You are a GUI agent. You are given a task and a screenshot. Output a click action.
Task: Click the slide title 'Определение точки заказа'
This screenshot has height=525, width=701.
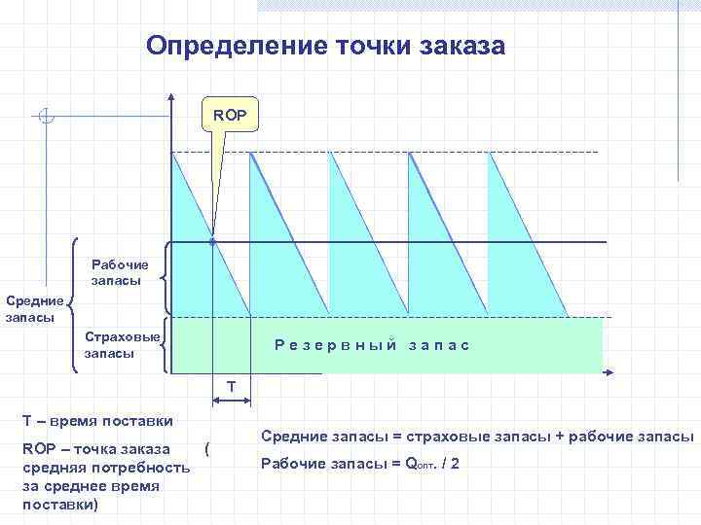pos(325,45)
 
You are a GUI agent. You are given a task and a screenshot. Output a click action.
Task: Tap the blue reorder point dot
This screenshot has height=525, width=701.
pos(212,241)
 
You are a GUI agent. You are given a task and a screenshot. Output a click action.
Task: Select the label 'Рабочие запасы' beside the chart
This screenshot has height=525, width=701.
pos(120,272)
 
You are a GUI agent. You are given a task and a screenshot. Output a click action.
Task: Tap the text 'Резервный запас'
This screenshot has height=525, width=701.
pos(372,345)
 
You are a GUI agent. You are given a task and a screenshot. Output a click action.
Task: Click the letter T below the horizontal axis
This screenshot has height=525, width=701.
pos(231,387)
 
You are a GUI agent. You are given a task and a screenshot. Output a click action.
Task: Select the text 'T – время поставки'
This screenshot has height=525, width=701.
pos(97,421)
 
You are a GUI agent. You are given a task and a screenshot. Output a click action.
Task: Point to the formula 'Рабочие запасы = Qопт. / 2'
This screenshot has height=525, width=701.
pos(360,464)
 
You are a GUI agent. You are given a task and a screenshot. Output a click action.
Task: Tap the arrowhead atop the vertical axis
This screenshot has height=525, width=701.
pos(171,97)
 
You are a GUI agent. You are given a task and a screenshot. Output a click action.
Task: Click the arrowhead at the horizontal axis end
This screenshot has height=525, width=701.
pos(609,372)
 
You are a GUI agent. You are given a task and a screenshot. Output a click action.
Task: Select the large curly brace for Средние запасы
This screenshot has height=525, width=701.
pos(75,305)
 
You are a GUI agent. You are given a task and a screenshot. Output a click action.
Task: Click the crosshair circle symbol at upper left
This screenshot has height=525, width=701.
pos(46,117)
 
